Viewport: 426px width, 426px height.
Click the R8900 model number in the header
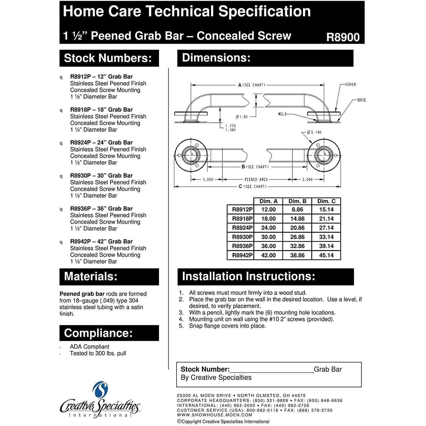pyautogui.click(x=343, y=37)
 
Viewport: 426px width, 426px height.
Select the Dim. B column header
pyautogui.click(x=297, y=201)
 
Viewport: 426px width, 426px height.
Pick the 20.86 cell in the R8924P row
pyautogui.click(x=297, y=228)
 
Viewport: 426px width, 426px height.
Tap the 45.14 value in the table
pyautogui.click(x=326, y=255)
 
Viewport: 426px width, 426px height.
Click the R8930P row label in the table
pyautogui.click(x=242, y=237)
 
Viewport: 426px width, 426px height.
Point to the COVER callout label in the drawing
pyautogui.click(x=351, y=85)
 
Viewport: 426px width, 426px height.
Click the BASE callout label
pyautogui.click(x=362, y=100)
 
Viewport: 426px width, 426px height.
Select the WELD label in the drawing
pyautogui.click(x=282, y=114)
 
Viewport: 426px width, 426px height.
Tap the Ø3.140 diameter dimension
pyautogui.click(x=314, y=132)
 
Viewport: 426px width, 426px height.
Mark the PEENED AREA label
pyautogui.click(x=256, y=179)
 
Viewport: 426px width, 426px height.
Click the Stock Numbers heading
pyautogui.click(x=108, y=58)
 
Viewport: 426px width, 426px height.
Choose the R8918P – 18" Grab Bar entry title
pyautogui.click(x=101, y=110)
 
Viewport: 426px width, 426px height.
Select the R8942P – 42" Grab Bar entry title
pyautogui.click(x=101, y=241)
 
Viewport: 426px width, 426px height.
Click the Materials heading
pyautogui.click(x=91, y=276)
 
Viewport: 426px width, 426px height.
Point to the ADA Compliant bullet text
pyautogui.click(x=89, y=347)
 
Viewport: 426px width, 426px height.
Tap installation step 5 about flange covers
pyautogui.click(x=227, y=326)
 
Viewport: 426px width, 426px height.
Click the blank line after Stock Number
pyautogui.click(x=272, y=370)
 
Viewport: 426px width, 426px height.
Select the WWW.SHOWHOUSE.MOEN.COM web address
pyautogui.click(x=214, y=415)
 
